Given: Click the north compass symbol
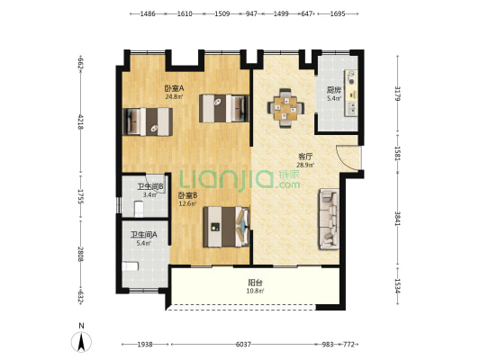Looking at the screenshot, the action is coord(81,342).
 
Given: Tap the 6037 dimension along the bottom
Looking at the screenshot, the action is coord(243,345).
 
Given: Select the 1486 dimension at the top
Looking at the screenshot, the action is coord(148,13).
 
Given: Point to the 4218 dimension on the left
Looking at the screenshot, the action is coord(81,121).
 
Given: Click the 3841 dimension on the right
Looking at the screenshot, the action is coord(398,219).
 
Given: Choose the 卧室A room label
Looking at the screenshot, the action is coord(174,88).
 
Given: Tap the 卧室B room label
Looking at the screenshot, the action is coord(187,194).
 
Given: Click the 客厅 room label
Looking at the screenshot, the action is coord(305,157).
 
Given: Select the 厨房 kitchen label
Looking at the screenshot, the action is coord(334,90).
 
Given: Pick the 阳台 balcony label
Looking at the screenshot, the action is coord(255,283).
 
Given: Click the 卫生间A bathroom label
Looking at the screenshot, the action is coord(144,235).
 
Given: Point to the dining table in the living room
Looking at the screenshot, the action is coord(285,108).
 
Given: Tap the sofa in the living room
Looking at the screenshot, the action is coord(329,219).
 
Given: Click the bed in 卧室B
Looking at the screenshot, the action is coord(227,227).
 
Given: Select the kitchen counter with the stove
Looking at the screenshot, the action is coord(351,93).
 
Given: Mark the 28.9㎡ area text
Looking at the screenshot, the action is coord(305,166).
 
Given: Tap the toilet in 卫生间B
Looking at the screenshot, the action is coord(139,209).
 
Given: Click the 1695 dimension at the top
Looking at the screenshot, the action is coord(338,13).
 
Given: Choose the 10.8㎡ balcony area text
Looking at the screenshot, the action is coord(255,291).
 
